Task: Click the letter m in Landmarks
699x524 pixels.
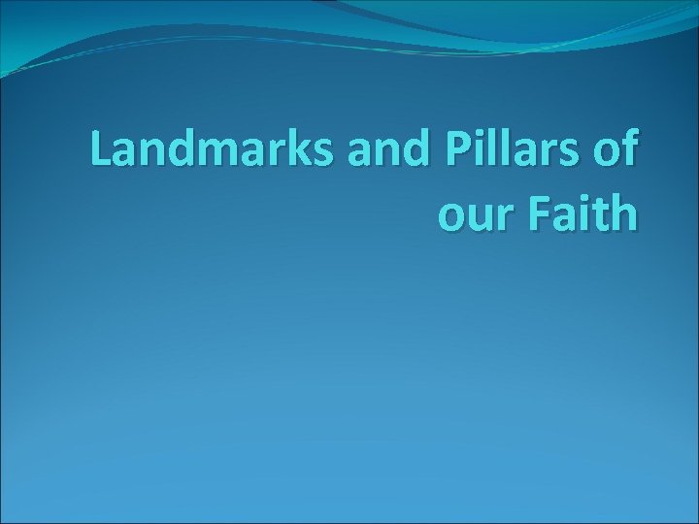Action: pyautogui.click(x=213, y=152)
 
